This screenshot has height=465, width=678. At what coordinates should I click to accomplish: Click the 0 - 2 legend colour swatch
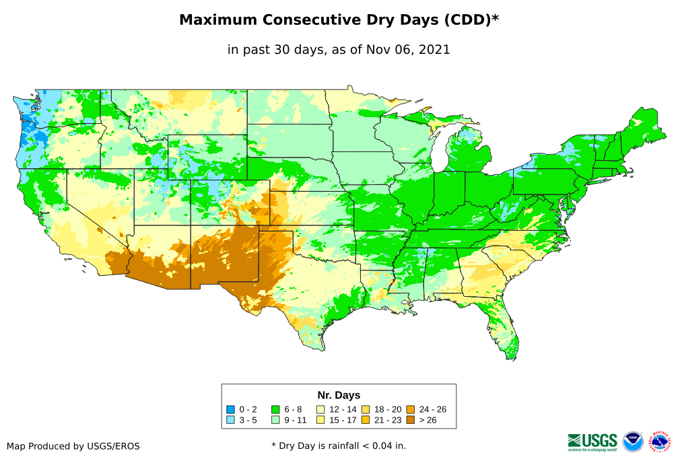(x=230, y=409)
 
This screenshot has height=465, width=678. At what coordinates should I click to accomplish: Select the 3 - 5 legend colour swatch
(x=230, y=420)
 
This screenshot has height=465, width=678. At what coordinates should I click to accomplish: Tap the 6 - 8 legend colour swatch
(x=275, y=409)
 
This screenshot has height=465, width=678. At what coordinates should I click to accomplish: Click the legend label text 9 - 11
(x=294, y=420)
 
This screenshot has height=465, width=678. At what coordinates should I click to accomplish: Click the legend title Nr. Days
(x=339, y=395)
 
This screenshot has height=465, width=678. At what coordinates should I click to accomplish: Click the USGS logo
(x=592, y=441)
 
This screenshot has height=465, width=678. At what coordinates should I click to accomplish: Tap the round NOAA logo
(x=633, y=441)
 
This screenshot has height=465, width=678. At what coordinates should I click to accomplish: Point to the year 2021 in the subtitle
(x=434, y=49)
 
